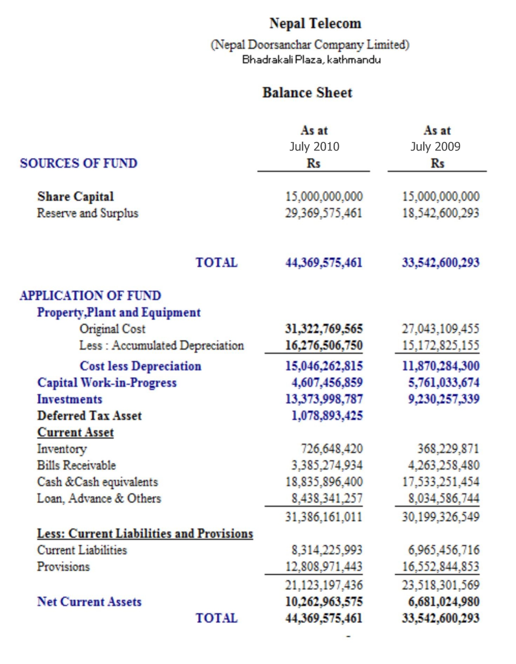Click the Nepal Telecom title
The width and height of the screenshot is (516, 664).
click(315, 24)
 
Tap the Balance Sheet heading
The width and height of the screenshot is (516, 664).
click(307, 93)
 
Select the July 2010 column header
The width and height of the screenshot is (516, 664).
click(314, 147)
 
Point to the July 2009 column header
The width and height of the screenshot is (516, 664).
click(435, 147)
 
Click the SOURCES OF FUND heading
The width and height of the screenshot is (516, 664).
click(79, 164)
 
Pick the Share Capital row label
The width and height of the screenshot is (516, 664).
click(75, 196)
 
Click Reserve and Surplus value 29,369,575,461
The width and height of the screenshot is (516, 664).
click(323, 213)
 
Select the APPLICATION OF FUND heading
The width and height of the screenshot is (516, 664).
click(90, 295)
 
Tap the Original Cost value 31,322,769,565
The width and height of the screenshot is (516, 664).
click(324, 329)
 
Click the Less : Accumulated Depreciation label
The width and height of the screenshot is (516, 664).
click(161, 345)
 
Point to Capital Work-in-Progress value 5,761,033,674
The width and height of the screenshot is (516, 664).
click(444, 382)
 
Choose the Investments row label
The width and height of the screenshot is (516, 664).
click(70, 399)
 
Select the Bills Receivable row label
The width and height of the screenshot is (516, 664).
click(76, 465)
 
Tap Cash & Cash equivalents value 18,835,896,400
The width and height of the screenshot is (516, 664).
click(324, 482)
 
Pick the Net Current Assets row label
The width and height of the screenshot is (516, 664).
click(89, 602)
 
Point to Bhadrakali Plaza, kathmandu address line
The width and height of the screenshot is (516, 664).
click(311, 60)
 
